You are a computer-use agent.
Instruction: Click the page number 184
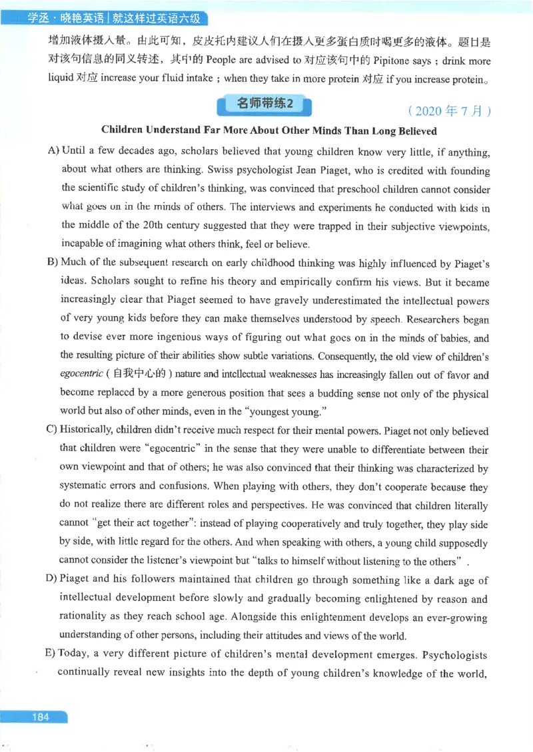click(40, 717)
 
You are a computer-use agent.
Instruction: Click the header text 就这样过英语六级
click(158, 19)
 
